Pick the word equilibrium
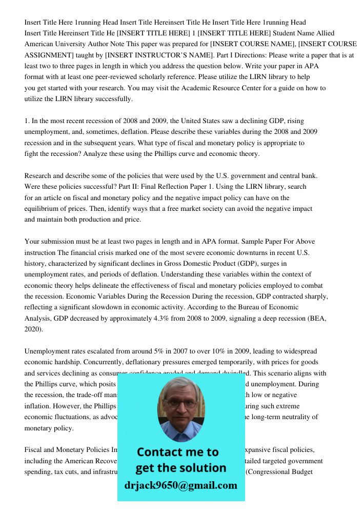42,208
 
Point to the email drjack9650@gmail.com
181,485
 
